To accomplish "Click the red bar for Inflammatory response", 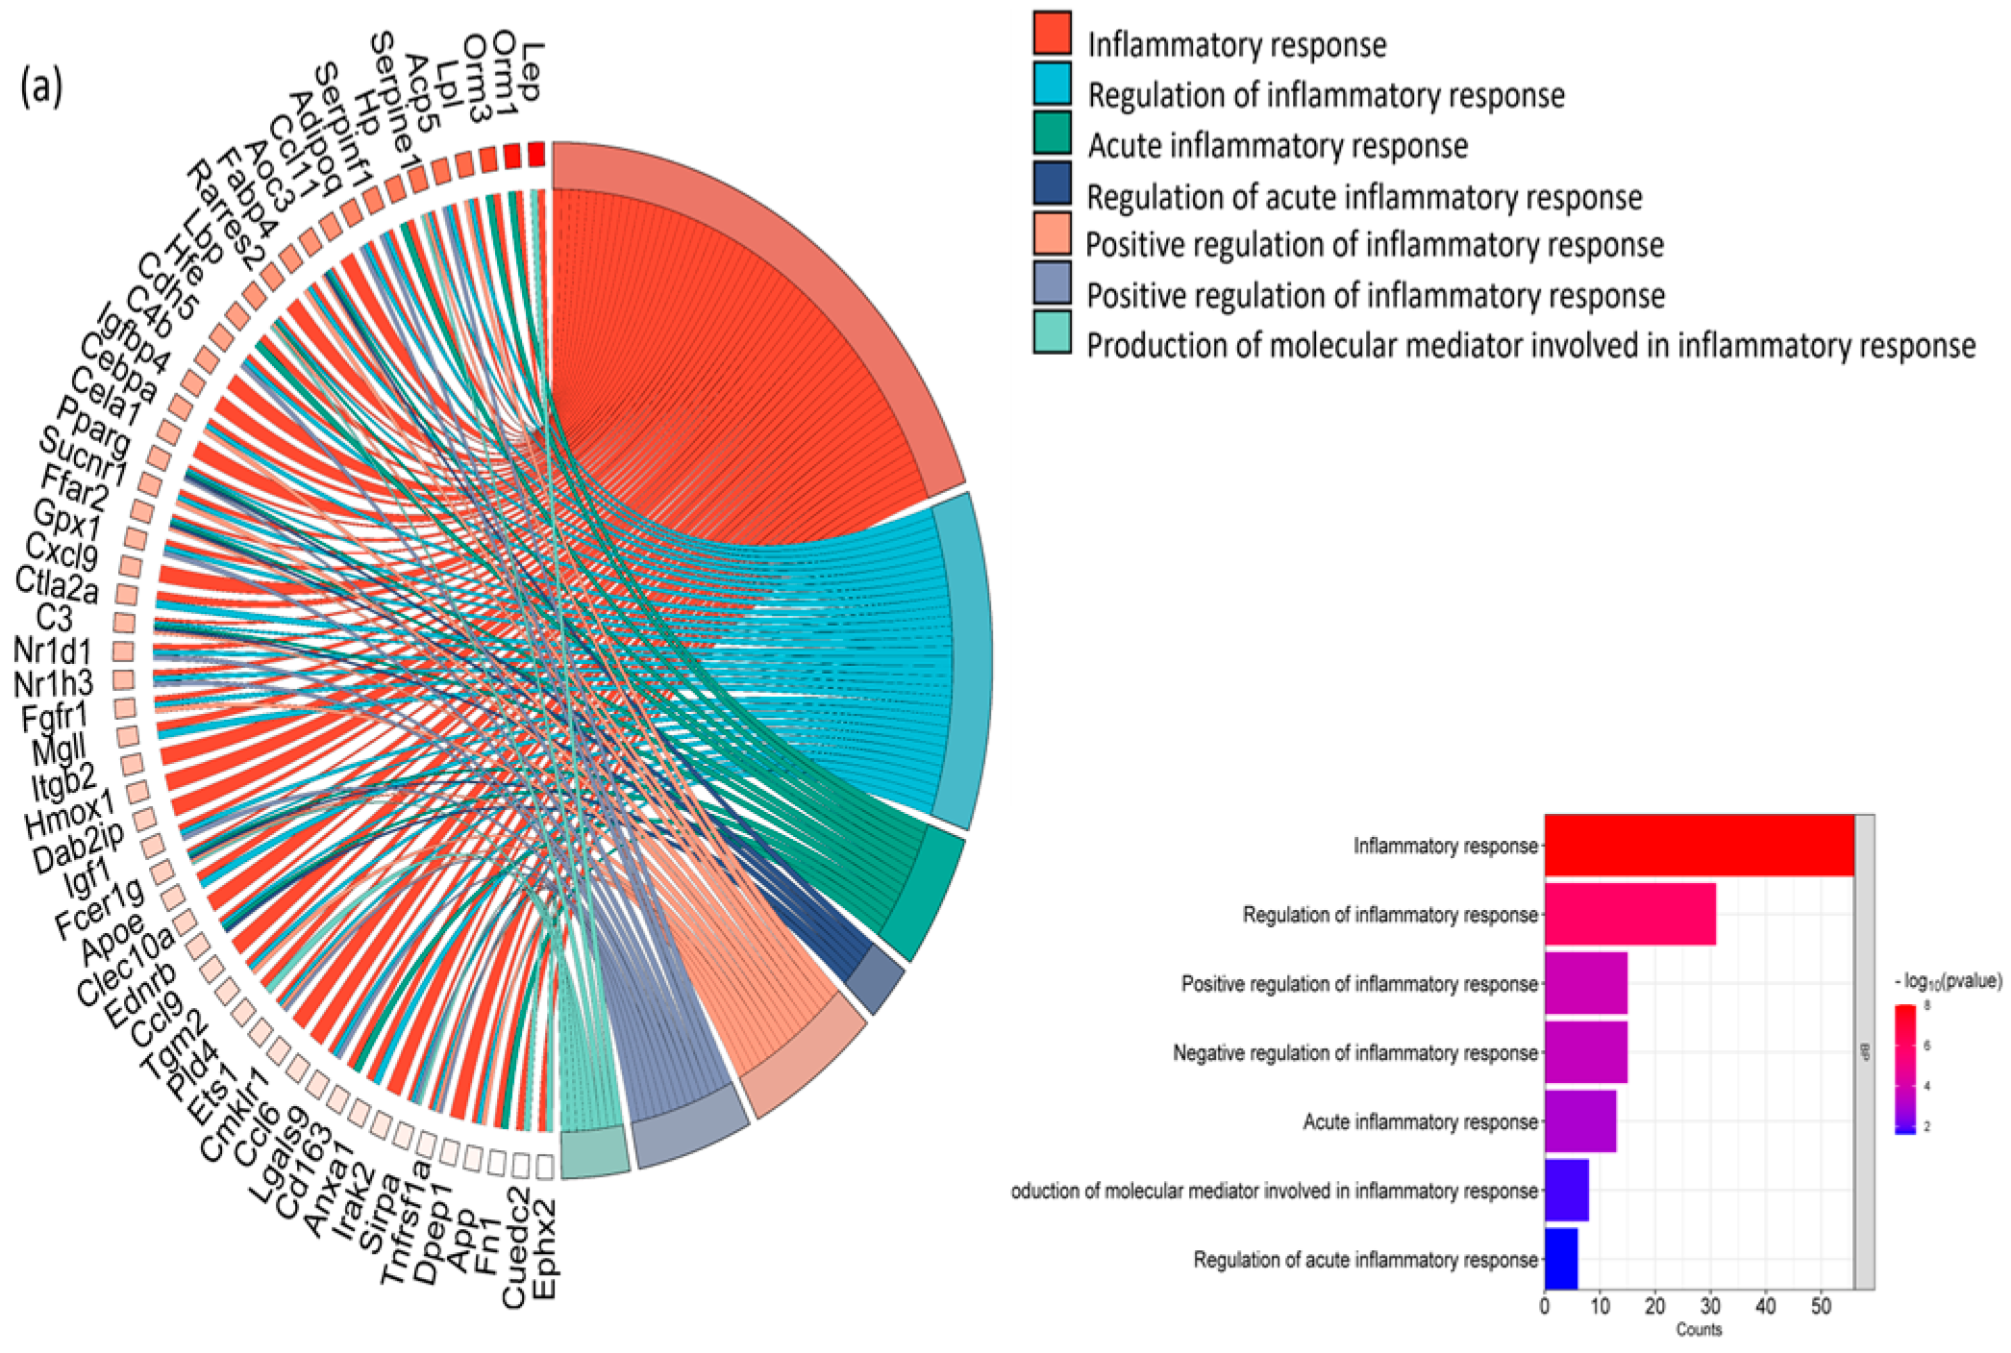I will (1698, 846).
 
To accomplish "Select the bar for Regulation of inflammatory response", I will (1629, 914).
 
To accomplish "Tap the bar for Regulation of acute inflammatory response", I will (1560, 1259).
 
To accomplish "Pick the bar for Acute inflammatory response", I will (1579, 1121).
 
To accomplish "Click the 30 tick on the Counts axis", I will (1710, 1307).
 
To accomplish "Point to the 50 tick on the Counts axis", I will (1821, 1307).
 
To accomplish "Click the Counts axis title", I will (1699, 1330).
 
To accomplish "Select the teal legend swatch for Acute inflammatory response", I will (1053, 133).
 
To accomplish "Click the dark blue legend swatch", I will (1053, 183).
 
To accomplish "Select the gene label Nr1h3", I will (54, 684).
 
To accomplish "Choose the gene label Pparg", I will (94, 427).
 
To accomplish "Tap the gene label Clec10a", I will (126, 967).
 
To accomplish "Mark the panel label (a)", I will (42, 86).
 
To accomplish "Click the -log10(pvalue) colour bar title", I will (1948, 981).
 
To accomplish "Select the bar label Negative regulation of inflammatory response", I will (1354, 1053).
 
